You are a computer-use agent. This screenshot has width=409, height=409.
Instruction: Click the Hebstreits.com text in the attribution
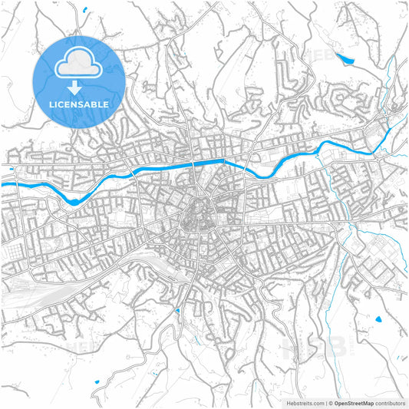pyautogui.click(x=305, y=402)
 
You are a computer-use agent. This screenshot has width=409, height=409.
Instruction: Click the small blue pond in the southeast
pyautogui.click(x=378, y=318)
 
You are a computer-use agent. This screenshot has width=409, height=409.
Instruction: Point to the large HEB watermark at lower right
pyautogui.click(x=307, y=349)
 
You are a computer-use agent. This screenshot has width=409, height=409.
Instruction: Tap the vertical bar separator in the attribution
pyautogui.click(x=325, y=402)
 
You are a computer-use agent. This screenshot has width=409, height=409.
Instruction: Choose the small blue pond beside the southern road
pyautogui.click(x=177, y=311)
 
